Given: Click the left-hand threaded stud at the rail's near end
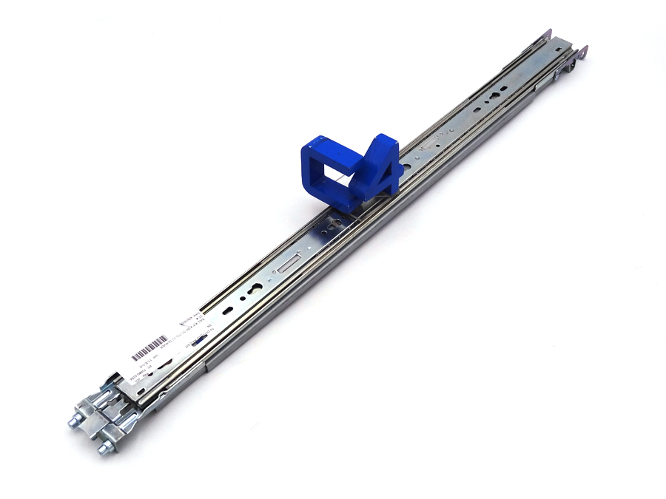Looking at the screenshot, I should pyautogui.click(x=77, y=422).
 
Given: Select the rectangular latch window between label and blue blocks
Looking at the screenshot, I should pyautogui.click(x=291, y=261).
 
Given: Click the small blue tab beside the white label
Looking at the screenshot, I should pyautogui.click(x=198, y=338).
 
